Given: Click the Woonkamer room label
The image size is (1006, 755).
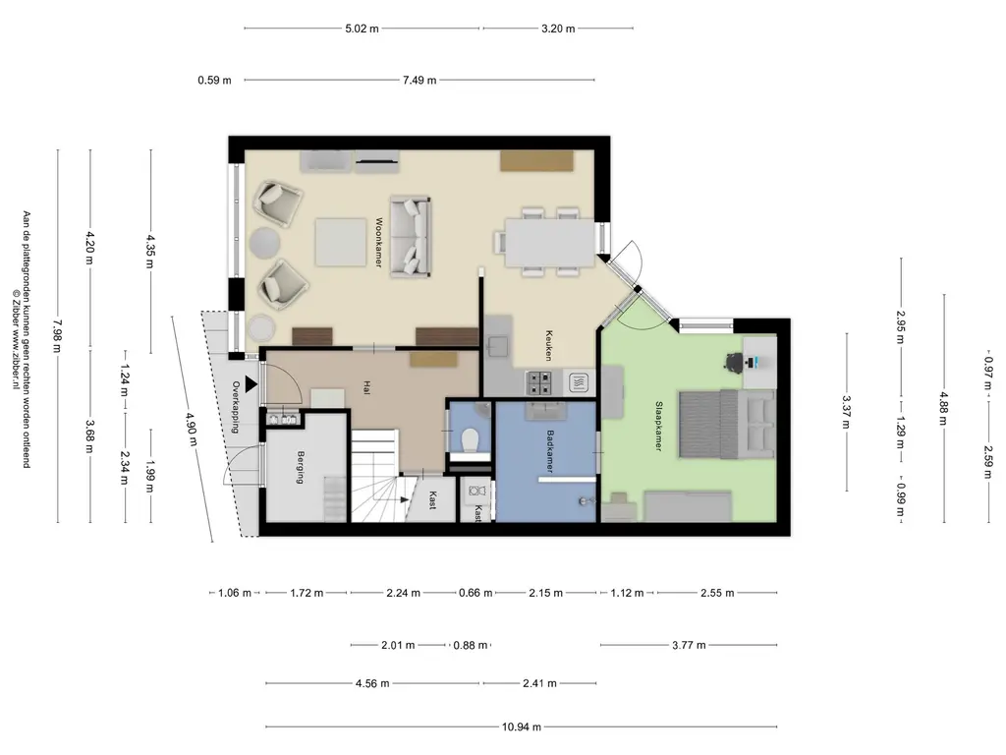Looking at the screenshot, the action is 378,243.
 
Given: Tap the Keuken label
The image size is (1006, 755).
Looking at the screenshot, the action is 549,345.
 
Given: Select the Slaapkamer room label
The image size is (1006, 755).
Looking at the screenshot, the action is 658,427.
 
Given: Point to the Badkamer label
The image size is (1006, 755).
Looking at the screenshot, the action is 550,451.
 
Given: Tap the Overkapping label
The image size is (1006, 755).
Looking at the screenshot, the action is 236,407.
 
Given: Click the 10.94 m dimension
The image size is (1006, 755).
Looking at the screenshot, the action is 522,726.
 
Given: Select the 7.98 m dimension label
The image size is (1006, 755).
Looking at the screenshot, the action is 57,336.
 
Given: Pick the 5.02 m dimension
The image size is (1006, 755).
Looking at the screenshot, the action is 362,29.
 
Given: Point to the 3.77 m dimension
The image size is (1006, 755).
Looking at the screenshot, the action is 689,645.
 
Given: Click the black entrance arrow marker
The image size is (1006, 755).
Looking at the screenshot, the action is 251,384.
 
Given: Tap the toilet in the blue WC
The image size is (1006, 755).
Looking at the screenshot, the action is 471,439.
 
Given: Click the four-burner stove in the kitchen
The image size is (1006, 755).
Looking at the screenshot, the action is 538,383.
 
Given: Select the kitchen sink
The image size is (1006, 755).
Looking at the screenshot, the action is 498,347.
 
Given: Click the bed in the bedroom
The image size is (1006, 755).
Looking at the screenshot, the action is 727,425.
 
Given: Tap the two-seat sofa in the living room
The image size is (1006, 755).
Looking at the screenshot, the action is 410,237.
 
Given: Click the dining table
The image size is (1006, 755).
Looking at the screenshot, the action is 550,243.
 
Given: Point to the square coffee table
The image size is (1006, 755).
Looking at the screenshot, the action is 341,242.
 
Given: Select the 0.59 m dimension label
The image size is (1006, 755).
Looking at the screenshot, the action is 214,81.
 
